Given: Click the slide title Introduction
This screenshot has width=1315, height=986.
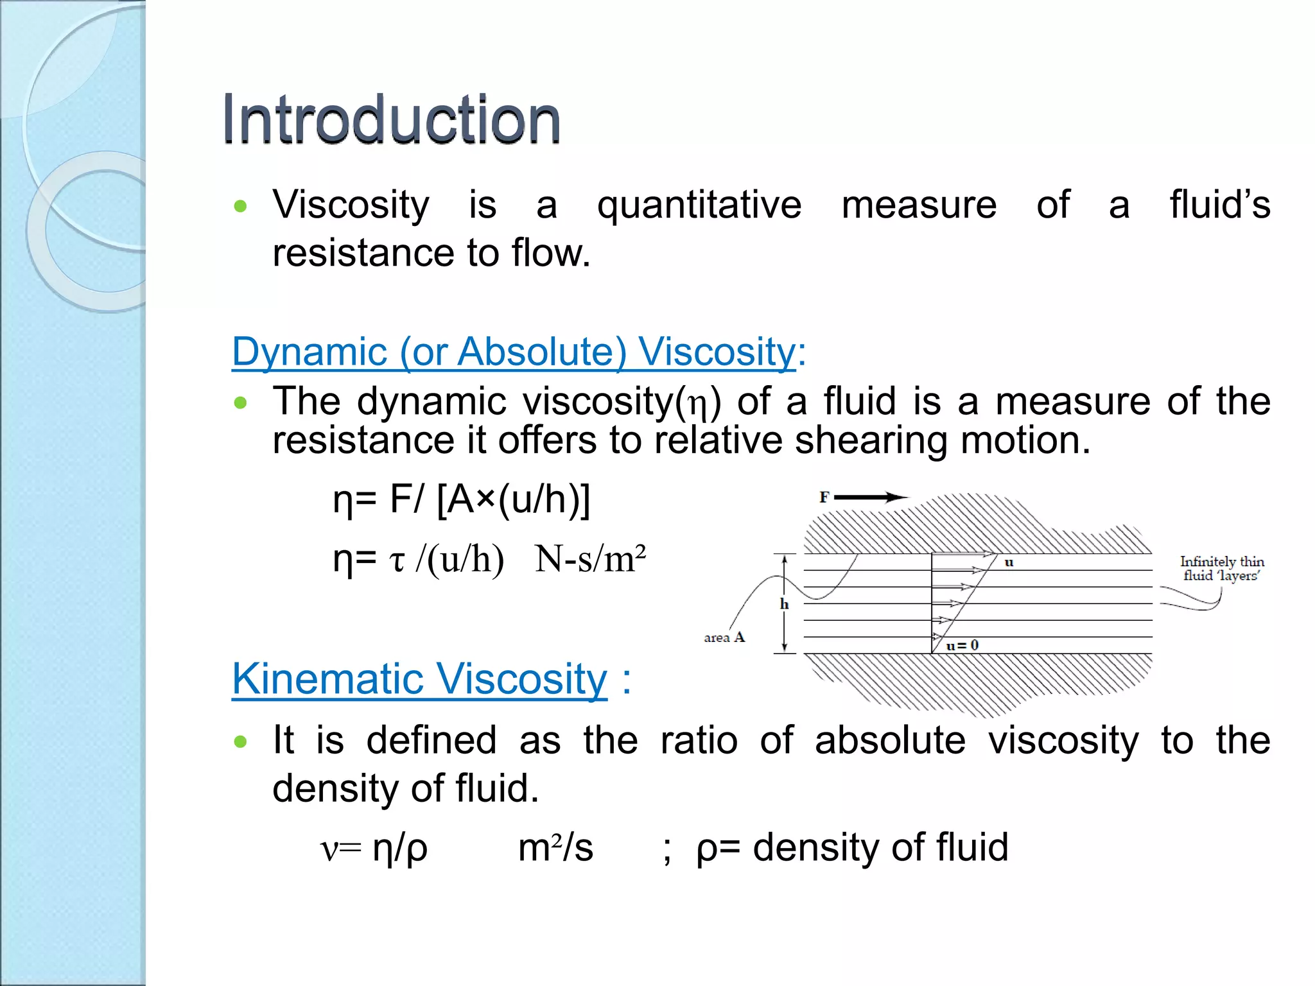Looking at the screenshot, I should pos(391,119).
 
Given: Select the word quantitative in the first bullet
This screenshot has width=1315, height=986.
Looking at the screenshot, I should pos(699,206).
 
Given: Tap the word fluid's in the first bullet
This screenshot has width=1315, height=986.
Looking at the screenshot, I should pos(1219,205).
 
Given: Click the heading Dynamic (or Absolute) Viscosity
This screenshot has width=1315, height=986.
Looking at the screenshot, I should pos(518,352).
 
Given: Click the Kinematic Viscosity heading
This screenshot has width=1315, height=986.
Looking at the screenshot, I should pos(419,679).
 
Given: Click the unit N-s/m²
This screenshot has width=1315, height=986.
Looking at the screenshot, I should pos(589,559).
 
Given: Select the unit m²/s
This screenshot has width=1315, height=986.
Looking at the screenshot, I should pos(555,847).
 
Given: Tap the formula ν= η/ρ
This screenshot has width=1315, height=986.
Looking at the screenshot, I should pos(374,848).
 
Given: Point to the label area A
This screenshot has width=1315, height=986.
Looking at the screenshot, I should pos(724,637).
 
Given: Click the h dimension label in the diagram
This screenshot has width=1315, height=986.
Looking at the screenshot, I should pos(784,604).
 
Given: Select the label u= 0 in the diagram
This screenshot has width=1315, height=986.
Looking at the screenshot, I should pos(962,645).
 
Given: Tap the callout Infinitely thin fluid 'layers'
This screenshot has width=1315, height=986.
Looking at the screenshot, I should pos(1221,569).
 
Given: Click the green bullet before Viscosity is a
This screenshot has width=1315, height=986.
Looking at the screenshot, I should pos(241,207).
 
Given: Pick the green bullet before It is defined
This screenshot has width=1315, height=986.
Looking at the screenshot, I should pos(241,742).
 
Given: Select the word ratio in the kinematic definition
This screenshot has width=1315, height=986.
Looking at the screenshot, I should pos(699,741).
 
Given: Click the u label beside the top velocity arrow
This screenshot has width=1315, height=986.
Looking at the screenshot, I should pos(1009,562).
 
